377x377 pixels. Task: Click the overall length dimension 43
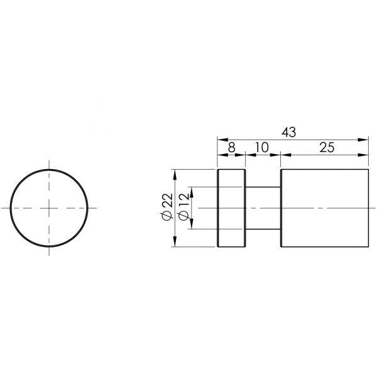(288, 132)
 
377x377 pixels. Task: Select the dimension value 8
(231, 148)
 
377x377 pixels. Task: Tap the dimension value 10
(262, 148)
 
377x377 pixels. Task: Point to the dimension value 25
(326, 148)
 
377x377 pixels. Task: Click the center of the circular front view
(50, 207)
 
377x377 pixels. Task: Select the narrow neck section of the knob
(262, 207)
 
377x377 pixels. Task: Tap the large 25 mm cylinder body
(324, 207)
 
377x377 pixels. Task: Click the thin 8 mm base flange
(231, 207)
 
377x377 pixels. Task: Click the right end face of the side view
(368, 207)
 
